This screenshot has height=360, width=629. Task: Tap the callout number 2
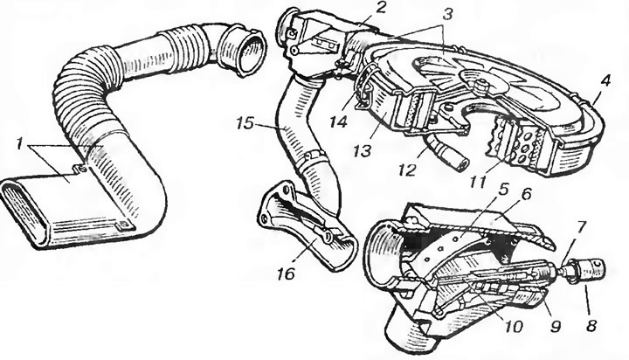pos(379,8)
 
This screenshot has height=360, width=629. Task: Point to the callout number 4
pos(605,81)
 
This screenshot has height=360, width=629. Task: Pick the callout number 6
pos(526,196)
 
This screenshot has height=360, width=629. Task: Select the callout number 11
pos(477,182)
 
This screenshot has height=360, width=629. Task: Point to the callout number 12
pos(407,170)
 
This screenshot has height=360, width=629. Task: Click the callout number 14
pos(338,122)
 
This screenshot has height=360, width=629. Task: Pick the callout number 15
pos(245,123)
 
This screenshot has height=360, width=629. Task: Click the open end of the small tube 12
pos(464,163)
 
